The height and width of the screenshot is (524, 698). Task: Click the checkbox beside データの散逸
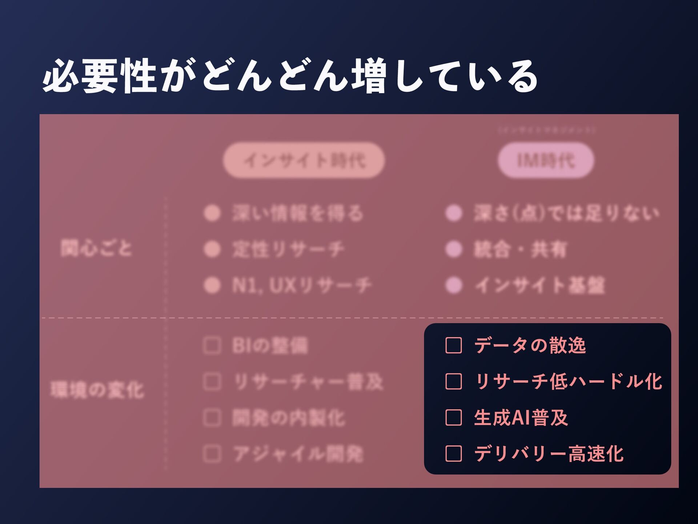pyautogui.click(x=453, y=345)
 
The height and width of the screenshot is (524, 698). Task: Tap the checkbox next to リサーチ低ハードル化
pyautogui.click(x=453, y=381)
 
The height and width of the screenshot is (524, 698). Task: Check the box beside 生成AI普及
pyautogui.click(x=453, y=417)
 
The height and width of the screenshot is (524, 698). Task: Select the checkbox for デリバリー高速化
pyautogui.click(x=453, y=453)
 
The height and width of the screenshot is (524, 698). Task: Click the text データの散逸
pyautogui.click(x=530, y=345)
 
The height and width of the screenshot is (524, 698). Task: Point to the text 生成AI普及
pyautogui.click(x=521, y=417)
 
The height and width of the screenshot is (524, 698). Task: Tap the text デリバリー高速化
pyautogui.click(x=549, y=453)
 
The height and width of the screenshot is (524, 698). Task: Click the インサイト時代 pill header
pyautogui.click(x=304, y=160)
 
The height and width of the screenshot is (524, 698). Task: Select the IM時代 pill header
pyautogui.click(x=546, y=160)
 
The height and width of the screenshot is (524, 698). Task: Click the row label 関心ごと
pyautogui.click(x=96, y=249)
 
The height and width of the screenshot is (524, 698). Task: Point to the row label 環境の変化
pyautogui.click(x=97, y=390)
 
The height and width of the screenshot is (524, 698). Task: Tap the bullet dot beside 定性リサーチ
pyautogui.click(x=212, y=249)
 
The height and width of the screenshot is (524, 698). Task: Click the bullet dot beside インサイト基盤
pyautogui.click(x=454, y=285)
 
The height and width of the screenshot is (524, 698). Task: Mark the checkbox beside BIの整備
pyautogui.click(x=212, y=345)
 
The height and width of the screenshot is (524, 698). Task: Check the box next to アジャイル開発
pyautogui.click(x=212, y=453)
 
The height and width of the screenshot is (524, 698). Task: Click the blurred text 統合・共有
pyautogui.click(x=520, y=249)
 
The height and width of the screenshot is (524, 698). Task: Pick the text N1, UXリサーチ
pyautogui.click(x=302, y=285)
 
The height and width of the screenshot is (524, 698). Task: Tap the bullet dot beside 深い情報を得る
pyautogui.click(x=212, y=213)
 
